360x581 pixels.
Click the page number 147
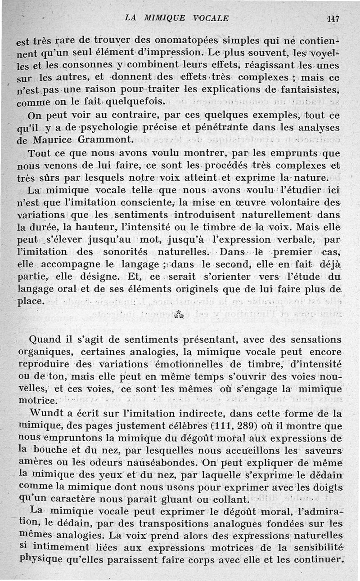tap(333, 18)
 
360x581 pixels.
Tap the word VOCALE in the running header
tap(211, 18)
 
